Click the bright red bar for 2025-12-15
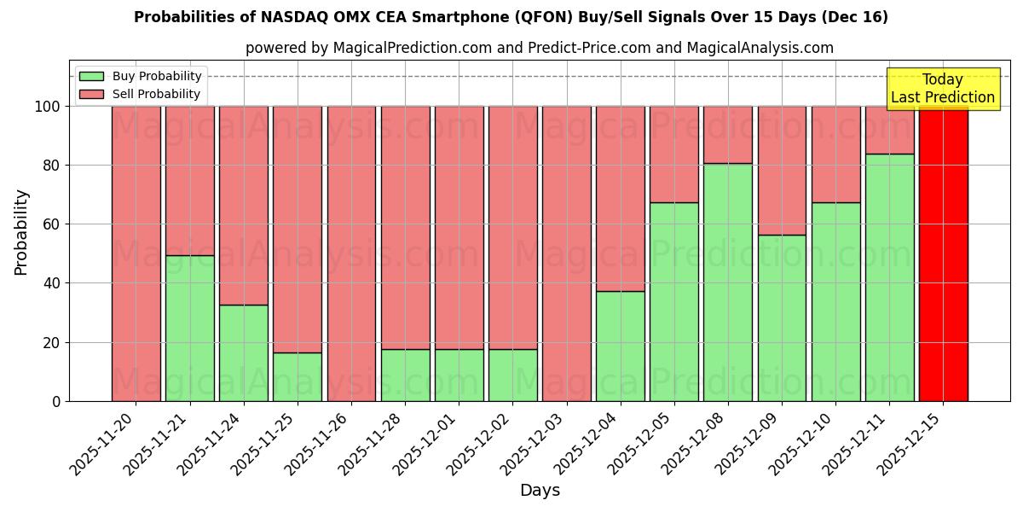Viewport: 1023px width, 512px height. point(943,253)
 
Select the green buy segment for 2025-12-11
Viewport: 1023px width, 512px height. point(889,277)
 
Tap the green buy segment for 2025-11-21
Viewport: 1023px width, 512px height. point(189,329)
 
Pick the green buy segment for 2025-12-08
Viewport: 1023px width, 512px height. point(728,282)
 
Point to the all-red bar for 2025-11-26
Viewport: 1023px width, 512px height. point(351,253)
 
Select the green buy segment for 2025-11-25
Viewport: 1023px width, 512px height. point(298,376)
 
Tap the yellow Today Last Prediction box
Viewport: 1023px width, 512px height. point(942,89)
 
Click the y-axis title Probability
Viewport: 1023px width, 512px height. point(21,232)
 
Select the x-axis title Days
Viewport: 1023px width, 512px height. point(540,491)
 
